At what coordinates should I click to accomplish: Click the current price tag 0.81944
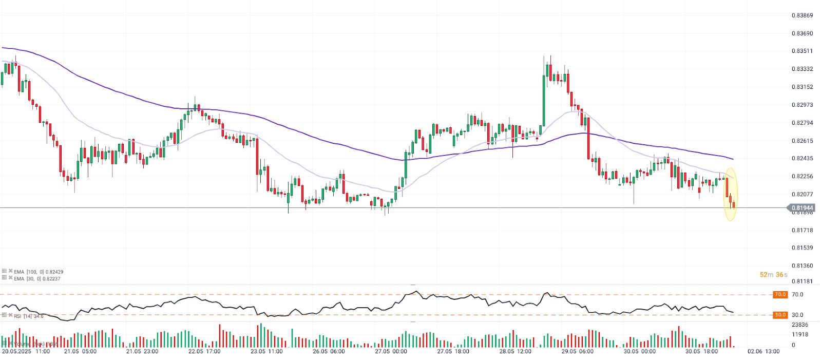click(x=802, y=208)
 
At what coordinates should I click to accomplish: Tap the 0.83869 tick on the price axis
click(x=802, y=15)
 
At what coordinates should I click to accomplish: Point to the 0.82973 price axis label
click(x=802, y=105)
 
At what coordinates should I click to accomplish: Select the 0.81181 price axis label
click(x=802, y=281)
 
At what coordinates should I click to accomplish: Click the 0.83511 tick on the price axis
click(x=802, y=51)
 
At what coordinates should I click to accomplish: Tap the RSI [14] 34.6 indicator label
click(x=29, y=316)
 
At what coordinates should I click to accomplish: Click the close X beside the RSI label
click(x=10, y=315)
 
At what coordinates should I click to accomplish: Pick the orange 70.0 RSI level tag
click(x=780, y=295)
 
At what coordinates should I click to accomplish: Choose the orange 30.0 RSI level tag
click(x=780, y=315)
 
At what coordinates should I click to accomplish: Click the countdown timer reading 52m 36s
click(x=773, y=275)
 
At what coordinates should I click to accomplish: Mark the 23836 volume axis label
click(x=800, y=325)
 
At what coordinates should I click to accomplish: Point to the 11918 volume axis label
click(x=800, y=334)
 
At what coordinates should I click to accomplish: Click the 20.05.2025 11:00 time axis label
click(x=26, y=352)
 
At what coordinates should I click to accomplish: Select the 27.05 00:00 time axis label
click(x=391, y=352)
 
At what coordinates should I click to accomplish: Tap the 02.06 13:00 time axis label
click(x=764, y=352)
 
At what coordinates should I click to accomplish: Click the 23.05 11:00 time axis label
click(x=266, y=352)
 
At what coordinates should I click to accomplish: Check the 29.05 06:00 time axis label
click(x=577, y=352)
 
